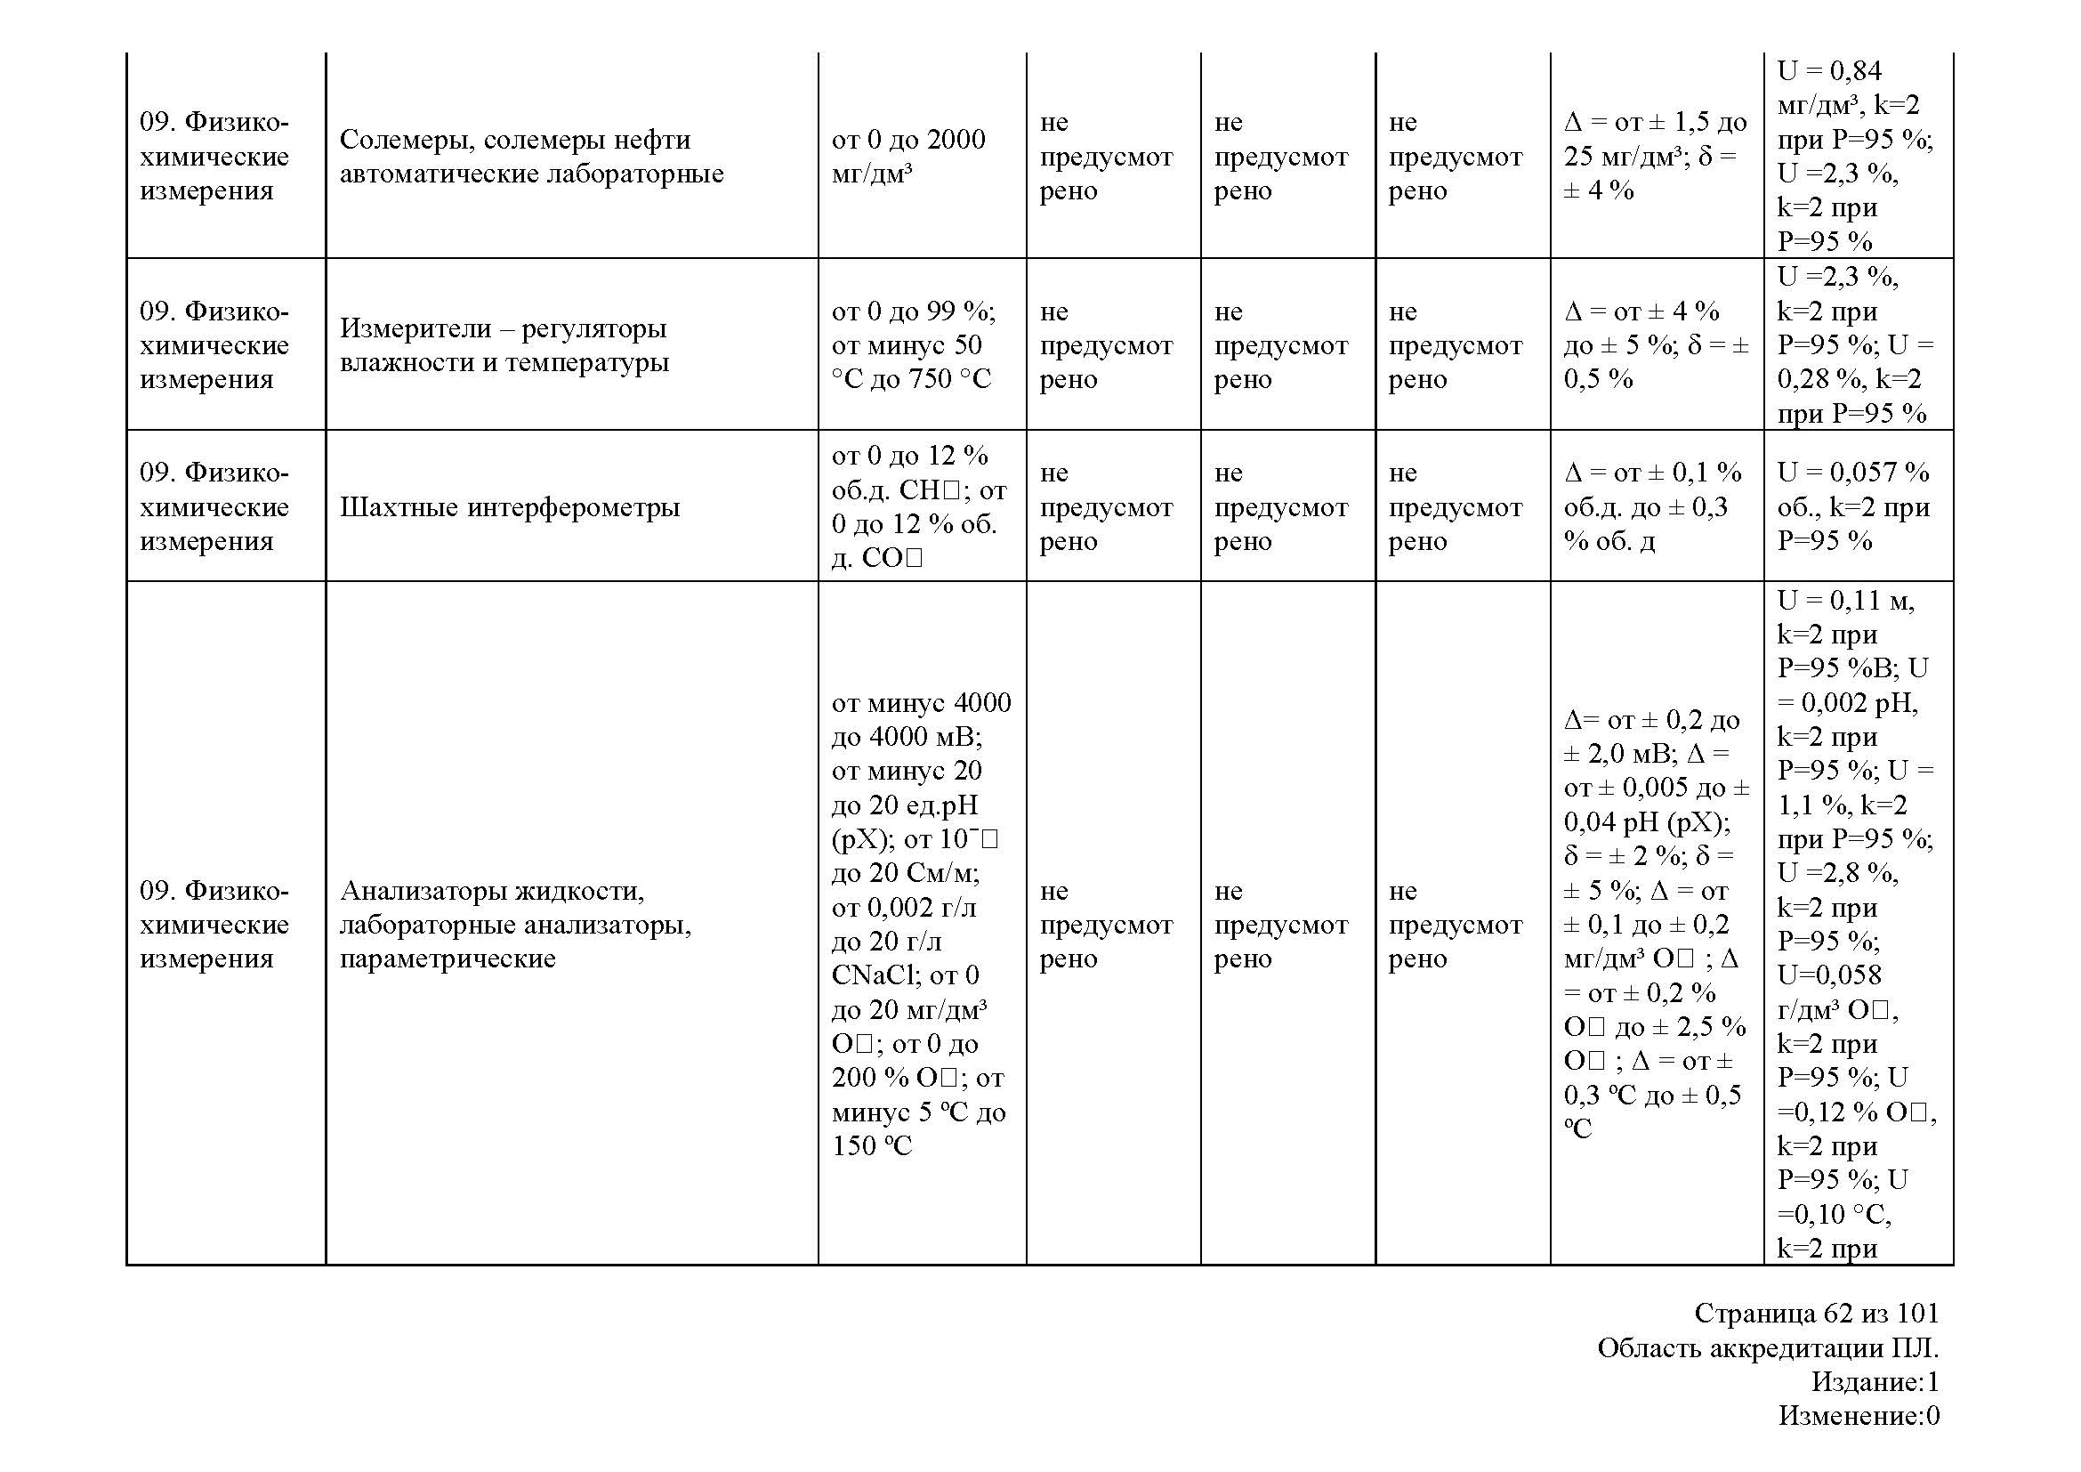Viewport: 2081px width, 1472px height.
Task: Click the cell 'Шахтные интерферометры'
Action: pos(510,506)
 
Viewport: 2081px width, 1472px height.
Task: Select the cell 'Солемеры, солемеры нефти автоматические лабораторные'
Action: pos(531,156)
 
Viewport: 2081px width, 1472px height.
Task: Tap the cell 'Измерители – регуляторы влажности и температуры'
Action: pos(504,345)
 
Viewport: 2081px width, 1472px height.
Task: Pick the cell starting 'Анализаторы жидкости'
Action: pos(515,925)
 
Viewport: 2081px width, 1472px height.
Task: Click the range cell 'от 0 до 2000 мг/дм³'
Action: pos(908,156)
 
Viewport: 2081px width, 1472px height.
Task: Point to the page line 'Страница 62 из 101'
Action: pos(1817,1314)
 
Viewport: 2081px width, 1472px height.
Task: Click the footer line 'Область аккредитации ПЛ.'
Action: pos(1768,1347)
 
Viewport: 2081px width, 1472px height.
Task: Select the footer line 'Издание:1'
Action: pos(1875,1381)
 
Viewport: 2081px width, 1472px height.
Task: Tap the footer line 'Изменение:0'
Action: pos(1858,1415)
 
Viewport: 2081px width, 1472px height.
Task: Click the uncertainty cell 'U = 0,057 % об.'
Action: pos(1852,506)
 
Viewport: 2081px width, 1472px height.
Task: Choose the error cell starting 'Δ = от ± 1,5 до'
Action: pos(1655,156)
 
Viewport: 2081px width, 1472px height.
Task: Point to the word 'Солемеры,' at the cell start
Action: pos(407,140)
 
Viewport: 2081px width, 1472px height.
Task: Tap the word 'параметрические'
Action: pos(448,959)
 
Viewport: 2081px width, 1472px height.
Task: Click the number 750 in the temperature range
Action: pos(930,379)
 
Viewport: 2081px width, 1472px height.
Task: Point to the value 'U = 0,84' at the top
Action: pos(1829,70)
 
